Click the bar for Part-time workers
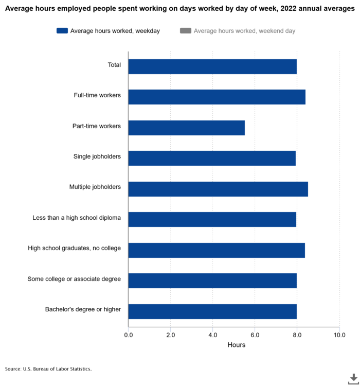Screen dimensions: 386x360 pos(186,128)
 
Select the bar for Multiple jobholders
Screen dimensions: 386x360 pos(218,189)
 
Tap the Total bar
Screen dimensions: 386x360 pos(212,66)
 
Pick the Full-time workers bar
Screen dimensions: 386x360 pos(217,97)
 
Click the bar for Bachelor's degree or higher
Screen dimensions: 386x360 pos(212,311)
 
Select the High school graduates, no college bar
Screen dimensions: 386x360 pos(217,250)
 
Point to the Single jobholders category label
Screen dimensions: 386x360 pos(97,156)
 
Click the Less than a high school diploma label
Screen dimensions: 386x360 pos(77,218)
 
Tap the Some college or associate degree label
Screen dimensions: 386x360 pos(74,279)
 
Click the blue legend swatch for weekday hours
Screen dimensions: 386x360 pos(62,31)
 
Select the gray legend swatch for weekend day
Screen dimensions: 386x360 pos(186,31)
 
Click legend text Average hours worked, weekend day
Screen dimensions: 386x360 pos(244,31)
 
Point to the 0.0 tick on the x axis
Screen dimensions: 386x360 pos(129,335)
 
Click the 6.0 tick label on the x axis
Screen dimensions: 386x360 pos(255,335)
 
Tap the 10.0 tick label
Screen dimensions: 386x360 pos(339,335)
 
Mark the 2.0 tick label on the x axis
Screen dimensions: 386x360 pos(171,335)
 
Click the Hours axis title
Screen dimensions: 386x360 pos(237,345)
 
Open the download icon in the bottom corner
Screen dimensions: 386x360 pos(353,378)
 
